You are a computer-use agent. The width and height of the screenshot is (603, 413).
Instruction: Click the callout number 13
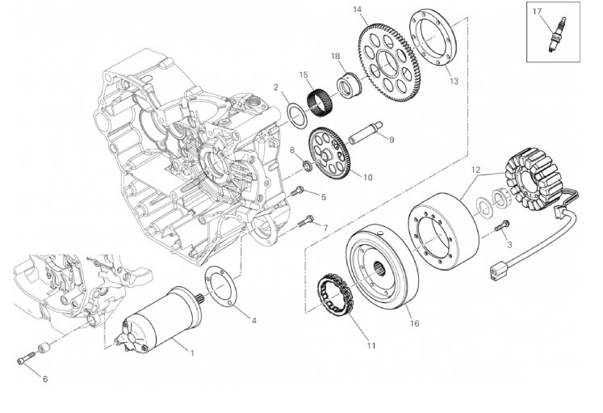click(x=453, y=81)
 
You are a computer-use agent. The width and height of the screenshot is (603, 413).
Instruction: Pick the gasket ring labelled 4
click(x=220, y=287)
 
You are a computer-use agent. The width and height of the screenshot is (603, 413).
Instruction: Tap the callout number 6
click(x=45, y=378)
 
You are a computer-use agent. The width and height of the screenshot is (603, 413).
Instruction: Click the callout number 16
click(x=415, y=323)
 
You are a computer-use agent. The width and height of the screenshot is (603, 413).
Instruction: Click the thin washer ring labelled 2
click(x=296, y=111)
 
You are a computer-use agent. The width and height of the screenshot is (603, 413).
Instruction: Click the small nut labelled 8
click(x=308, y=166)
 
